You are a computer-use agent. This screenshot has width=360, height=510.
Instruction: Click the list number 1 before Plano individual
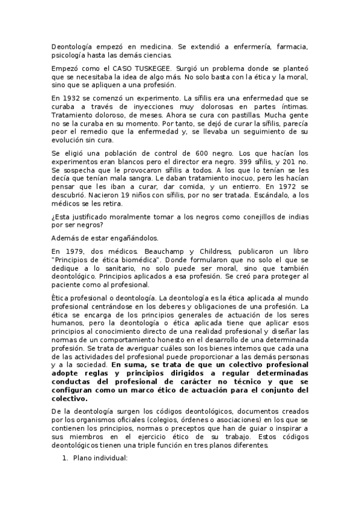pos(66,458)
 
